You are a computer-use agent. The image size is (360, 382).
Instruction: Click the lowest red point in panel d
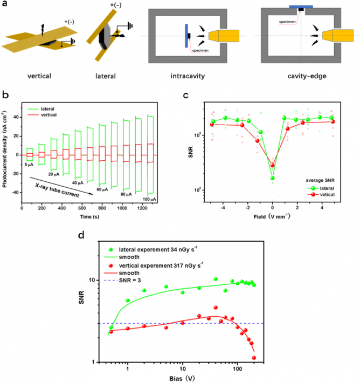point(254,358)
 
